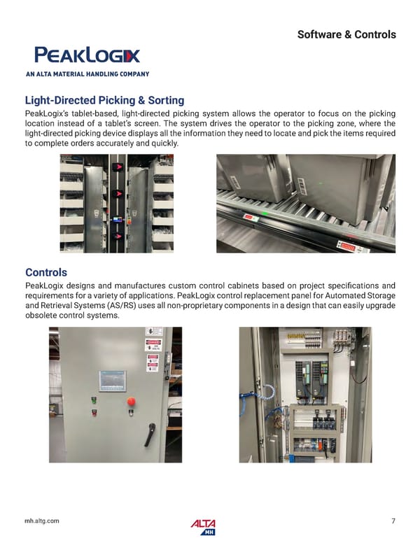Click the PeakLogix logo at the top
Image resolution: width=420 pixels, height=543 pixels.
coord(87,55)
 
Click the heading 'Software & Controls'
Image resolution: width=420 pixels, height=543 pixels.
coord(346,34)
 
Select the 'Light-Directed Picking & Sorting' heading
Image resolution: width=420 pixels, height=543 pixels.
coord(104,101)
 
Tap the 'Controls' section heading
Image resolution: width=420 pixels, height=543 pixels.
coord(46,272)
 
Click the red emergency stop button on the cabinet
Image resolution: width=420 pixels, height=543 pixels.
coord(130,402)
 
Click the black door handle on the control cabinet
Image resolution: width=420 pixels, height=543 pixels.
coord(148,435)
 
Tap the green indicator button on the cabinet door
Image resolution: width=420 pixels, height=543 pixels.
coord(93,401)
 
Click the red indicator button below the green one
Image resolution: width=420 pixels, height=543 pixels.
coord(93,411)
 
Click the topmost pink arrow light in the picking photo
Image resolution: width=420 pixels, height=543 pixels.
coord(119,167)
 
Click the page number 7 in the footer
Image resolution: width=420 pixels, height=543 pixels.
coord(393,521)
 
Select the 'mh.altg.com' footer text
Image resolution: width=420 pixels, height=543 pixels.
coord(42,521)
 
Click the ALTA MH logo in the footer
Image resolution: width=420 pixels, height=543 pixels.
coord(203,526)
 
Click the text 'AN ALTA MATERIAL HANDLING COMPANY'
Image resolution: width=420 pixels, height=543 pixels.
coord(87,73)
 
